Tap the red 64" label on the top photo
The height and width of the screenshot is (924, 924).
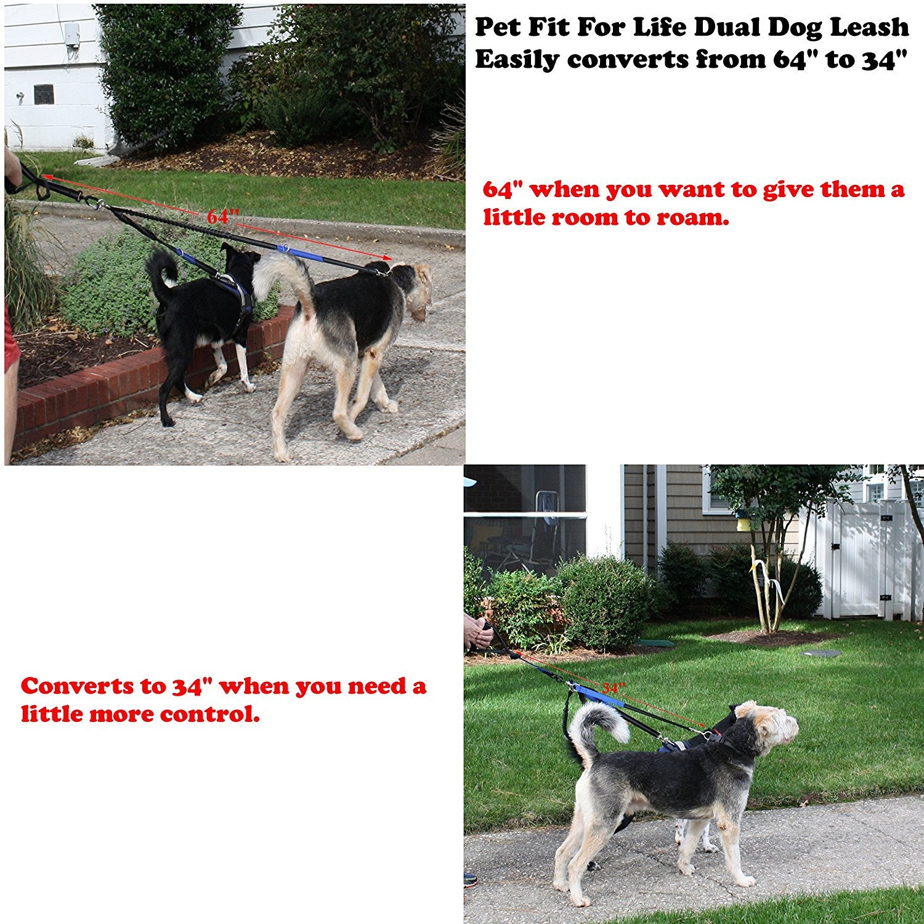pyautogui.click(x=223, y=216)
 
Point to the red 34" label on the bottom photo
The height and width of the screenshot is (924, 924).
pyautogui.click(x=614, y=687)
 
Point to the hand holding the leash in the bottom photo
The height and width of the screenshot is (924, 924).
pyautogui.click(x=477, y=631)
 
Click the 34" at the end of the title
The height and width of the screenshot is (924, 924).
pyautogui.click(x=885, y=60)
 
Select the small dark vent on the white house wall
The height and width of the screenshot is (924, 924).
pyautogui.click(x=44, y=94)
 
